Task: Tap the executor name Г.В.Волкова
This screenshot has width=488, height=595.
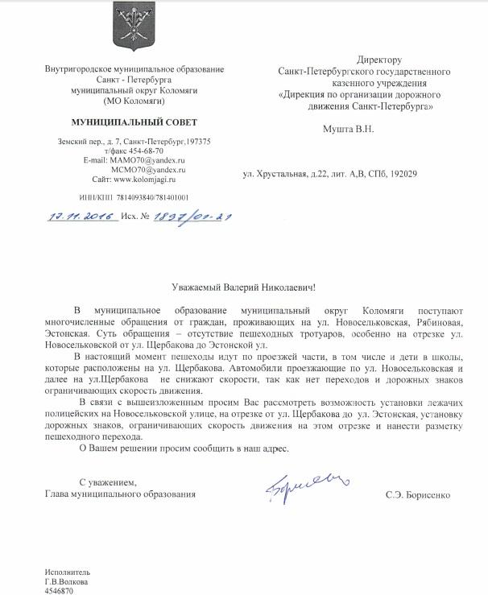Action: (x=66, y=581)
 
